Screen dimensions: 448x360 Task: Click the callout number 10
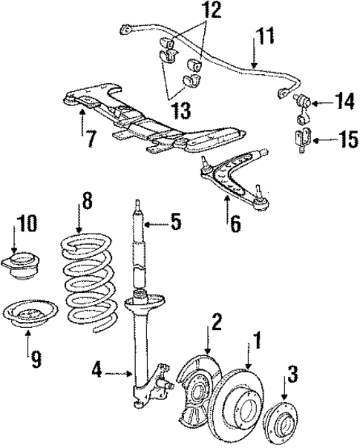click(27, 223)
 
